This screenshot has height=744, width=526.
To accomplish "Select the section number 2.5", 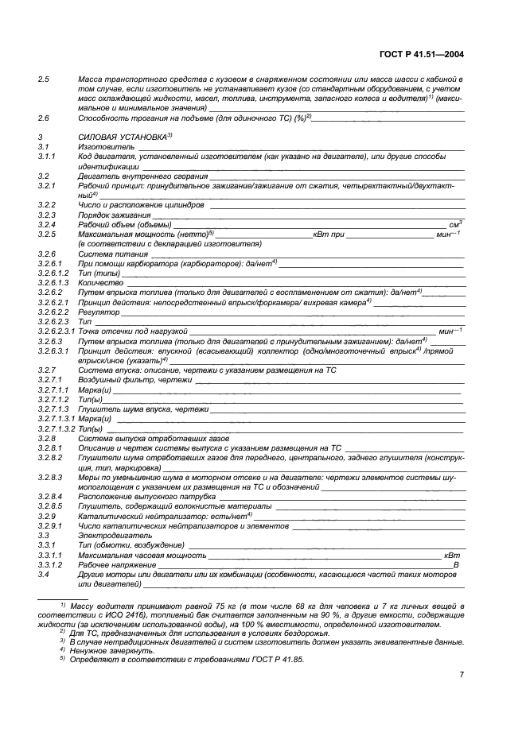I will click(x=44, y=80).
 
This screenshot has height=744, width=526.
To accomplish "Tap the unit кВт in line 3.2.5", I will click(x=322, y=234).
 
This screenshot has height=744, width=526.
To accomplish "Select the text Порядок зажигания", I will click(x=114, y=215).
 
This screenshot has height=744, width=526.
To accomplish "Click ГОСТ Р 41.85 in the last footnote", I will click(x=270, y=660).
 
